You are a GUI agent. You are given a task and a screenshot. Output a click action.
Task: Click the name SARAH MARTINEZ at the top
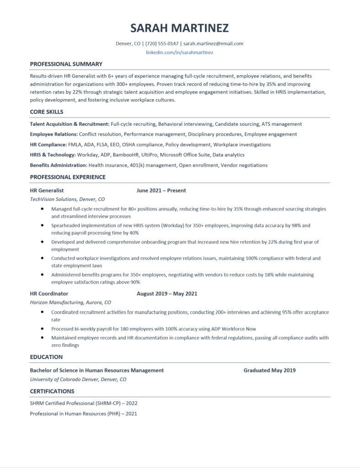click(179, 28)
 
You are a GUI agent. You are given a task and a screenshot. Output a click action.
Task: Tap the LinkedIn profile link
click(179, 53)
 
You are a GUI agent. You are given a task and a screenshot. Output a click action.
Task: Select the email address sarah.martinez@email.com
click(214, 44)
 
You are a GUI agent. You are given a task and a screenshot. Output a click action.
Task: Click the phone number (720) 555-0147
click(162, 44)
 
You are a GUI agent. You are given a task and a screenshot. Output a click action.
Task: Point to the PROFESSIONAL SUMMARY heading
click(66, 64)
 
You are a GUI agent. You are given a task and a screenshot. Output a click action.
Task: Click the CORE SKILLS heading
click(47, 112)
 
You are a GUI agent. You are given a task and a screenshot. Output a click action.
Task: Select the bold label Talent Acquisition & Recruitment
click(70, 124)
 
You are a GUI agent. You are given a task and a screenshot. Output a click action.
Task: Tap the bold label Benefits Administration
click(59, 165)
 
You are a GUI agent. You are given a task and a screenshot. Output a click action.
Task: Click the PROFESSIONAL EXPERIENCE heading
click(68, 177)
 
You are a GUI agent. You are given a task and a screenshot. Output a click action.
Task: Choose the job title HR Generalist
click(47, 190)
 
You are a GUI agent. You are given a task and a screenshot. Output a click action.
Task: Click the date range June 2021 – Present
click(161, 190)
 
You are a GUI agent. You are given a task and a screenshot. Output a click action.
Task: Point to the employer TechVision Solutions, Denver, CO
click(67, 199)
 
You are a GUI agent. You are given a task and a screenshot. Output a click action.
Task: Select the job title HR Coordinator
click(49, 293)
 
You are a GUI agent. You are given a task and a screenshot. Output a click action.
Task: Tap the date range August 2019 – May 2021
click(167, 293)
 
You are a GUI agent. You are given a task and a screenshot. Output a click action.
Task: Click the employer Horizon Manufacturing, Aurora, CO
click(70, 303)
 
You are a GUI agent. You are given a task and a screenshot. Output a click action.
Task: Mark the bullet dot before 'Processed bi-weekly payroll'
click(42, 329)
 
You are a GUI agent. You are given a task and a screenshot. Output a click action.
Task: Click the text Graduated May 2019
click(269, 370)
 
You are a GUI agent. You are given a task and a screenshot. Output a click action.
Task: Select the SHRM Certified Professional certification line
click(84, 404)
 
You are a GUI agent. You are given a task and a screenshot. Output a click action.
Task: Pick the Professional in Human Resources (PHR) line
click(84, 414)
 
